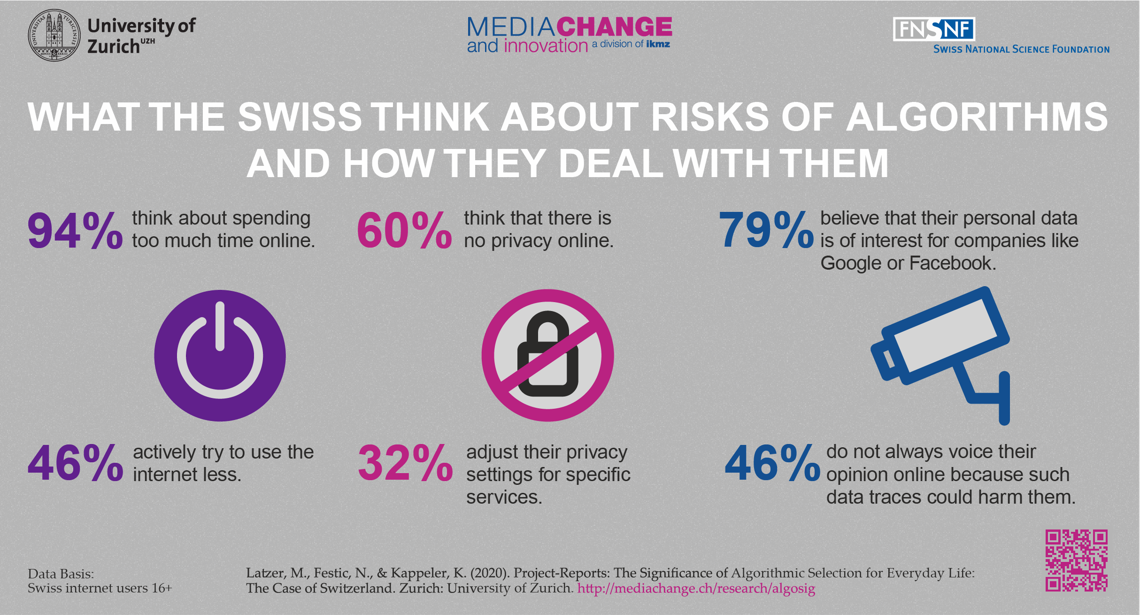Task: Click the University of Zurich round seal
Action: tap(54, 35)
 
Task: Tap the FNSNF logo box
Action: tap(933, 29)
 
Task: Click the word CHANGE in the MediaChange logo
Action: tap(615, 27)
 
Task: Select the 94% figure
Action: tap(75, 230)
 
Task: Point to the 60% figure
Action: tap(404, 230)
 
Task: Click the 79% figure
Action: tap(766, 230)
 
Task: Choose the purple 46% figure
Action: tap(75, 464)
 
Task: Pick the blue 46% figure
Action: tap(772, 464)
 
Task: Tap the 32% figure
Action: tap(405, 464)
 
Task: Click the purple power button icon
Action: tap(220, 356)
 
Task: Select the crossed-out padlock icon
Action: tap(547, 356)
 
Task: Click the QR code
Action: tap(1076, 561)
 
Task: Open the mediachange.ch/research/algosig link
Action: tap(696, 588)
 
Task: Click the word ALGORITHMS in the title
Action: tap(977, 117)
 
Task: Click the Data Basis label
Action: tap(61, 574)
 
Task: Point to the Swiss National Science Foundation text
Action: tap(1021, 49)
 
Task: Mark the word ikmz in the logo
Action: tap(658, 44)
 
